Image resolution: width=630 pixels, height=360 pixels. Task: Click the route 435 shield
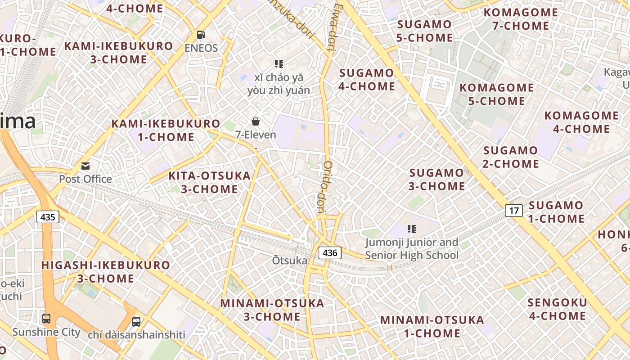[x=47, y=217]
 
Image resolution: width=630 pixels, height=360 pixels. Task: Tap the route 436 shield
[x=330, y=253]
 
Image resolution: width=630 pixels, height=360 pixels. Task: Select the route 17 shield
[x=514, y=210]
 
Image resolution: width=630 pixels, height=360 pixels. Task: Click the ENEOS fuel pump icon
[x=201, y=35]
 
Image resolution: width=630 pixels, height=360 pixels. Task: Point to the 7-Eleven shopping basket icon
[x=256, y=121]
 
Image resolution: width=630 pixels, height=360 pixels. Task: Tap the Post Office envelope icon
[x=85, y=166]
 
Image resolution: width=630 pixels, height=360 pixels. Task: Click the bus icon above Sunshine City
[x=46, y=319]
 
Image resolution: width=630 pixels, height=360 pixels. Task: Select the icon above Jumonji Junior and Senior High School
[x=411, y=229]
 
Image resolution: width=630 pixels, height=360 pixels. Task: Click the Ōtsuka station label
[x=290, y=261]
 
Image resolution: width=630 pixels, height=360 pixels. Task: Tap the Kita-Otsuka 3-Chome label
[x=209, y=182]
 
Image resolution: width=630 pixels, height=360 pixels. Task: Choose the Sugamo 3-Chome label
[x=436, y=179]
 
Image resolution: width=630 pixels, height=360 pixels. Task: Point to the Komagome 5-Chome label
[x=496, y=94]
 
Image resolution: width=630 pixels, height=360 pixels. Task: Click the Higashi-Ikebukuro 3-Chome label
[x=106, y=271]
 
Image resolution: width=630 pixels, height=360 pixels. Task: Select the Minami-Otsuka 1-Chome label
[x=432, y=327]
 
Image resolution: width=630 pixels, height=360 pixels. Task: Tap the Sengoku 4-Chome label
[x=558, y=309]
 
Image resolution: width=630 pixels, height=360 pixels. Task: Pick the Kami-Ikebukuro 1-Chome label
[x=166, y=130]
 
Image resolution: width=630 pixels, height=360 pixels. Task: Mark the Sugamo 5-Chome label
[x=424, y=31]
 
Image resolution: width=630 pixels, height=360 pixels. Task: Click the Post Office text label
[x=85, y=179]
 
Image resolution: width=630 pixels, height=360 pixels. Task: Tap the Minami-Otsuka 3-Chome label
[x=272, y=310]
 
